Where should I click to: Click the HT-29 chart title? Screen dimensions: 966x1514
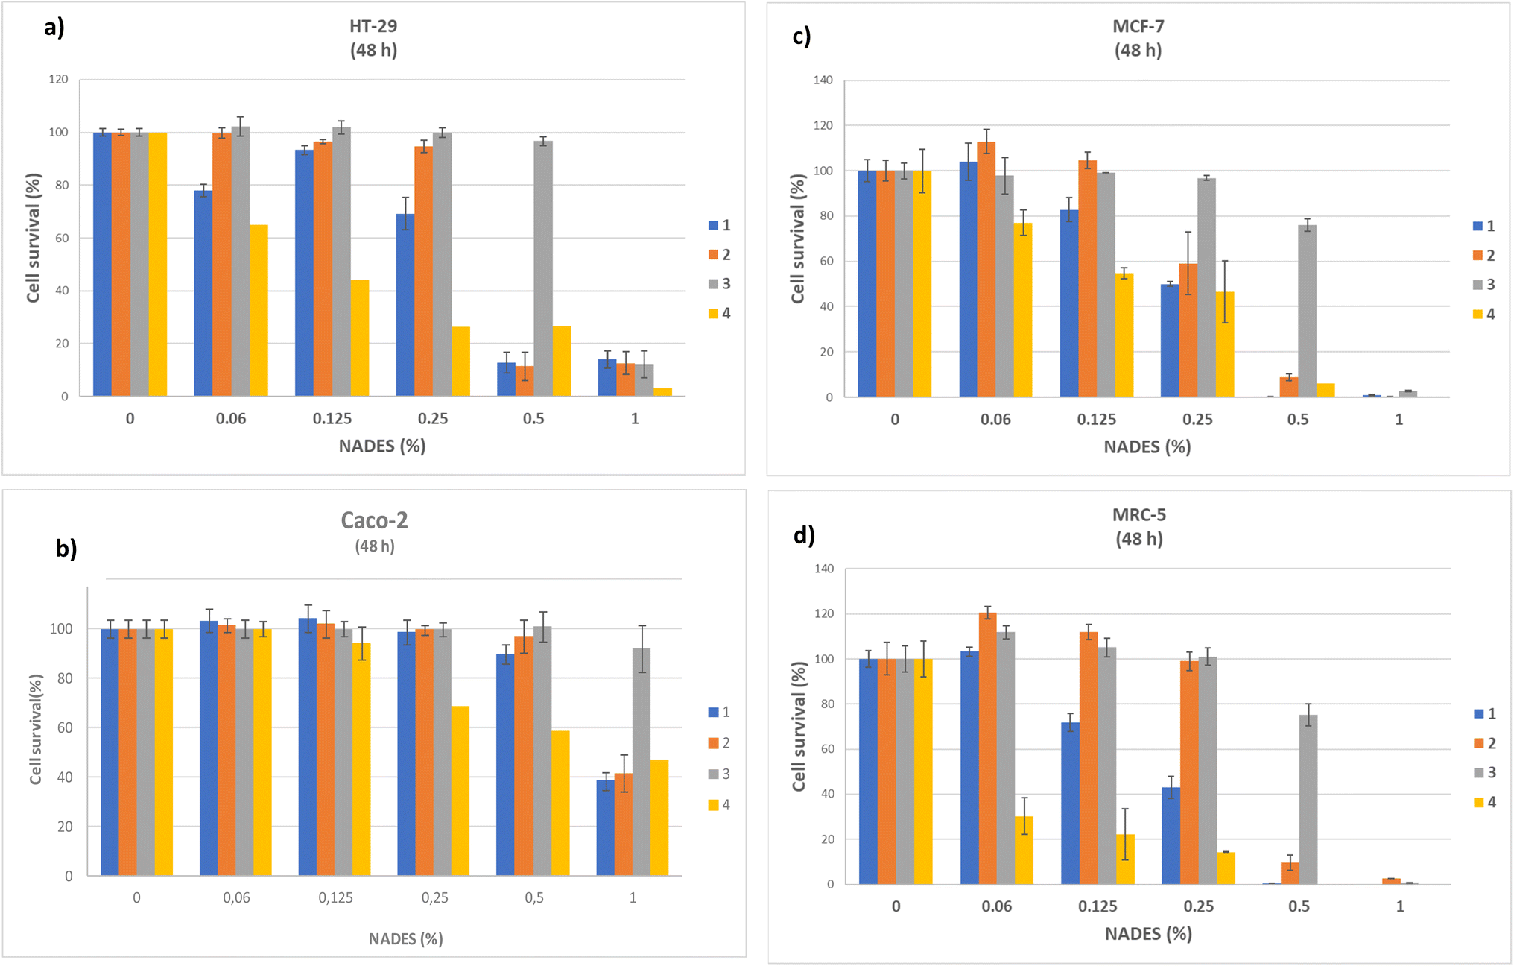(373, 26)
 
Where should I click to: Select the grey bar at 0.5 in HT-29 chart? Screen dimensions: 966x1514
(543, 268)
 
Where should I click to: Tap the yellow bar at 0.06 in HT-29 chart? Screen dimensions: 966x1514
(259, 310)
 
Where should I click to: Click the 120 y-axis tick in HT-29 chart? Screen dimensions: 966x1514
(58, 79)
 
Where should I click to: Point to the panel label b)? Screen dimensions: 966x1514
(66, 548)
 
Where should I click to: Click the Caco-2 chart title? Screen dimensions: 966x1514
(374, 520)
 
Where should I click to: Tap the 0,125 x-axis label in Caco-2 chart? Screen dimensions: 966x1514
(335, 898)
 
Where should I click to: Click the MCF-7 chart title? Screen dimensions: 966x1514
(1138, 27)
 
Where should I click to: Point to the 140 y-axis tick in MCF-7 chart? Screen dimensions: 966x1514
(823, 80)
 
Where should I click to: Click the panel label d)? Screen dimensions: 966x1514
(804, 535)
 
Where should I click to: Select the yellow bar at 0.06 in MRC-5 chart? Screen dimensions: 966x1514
(1024, 850)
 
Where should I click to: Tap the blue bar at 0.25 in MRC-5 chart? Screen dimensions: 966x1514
(1171, 836)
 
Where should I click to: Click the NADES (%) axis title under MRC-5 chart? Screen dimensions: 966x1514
(1148, 934)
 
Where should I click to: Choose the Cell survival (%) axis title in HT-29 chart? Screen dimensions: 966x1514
(34, 239)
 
